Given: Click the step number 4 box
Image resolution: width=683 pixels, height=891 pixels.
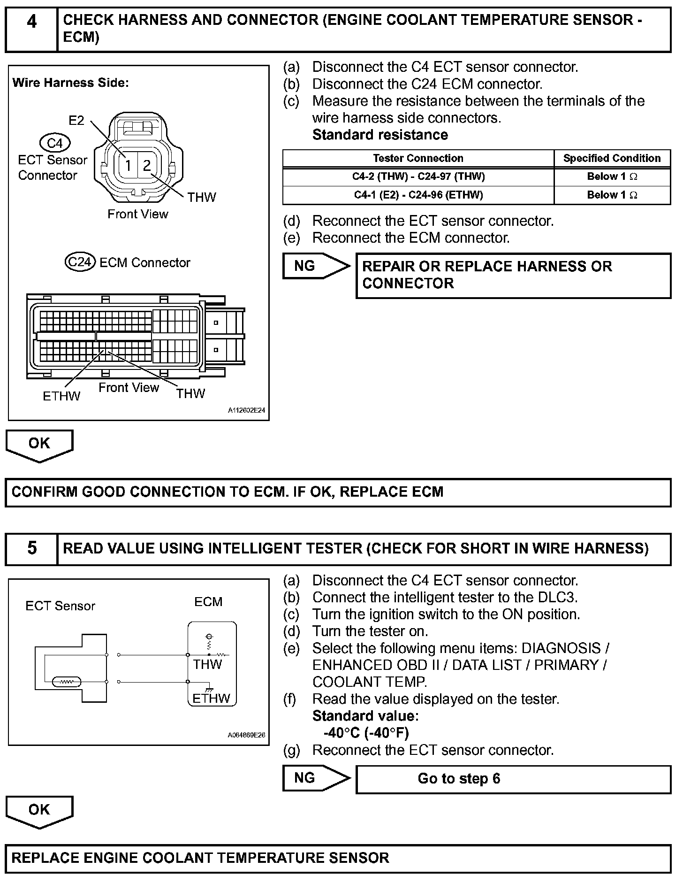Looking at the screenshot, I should point(31,29).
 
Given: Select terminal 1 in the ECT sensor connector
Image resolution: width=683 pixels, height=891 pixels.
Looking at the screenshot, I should point(128,165).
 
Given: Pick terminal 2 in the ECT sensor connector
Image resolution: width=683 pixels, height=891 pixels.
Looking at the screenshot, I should point(147,165).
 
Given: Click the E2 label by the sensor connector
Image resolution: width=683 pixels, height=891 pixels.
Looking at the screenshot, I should point(76,121).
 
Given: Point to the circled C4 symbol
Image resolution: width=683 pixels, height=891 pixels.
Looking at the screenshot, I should point(55,143).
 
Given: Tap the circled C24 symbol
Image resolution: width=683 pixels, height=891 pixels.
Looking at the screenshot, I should point(80,262).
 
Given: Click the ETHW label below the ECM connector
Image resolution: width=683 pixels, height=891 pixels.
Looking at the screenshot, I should point(61,396).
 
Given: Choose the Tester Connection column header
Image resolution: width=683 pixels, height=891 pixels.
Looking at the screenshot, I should point(418,158).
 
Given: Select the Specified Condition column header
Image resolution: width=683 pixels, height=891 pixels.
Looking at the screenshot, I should point(612,158).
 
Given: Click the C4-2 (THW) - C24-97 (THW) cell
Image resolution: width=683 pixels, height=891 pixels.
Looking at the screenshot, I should point(418,177).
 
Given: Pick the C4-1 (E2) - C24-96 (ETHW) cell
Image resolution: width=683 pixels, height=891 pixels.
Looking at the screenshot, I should point(418,195).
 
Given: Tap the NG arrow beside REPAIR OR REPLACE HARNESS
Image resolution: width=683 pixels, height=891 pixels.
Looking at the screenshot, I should point(316,266).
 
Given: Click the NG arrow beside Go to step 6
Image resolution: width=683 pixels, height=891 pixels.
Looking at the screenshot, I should point(316,778).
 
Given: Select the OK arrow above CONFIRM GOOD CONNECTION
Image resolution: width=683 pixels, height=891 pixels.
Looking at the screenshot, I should point(39,445).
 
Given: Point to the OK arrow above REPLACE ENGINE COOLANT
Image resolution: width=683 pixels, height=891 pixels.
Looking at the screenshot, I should point(39,811).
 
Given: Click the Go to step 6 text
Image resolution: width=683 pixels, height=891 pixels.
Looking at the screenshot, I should point(459,778).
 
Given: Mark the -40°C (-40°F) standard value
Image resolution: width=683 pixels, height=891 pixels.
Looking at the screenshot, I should point(366,733).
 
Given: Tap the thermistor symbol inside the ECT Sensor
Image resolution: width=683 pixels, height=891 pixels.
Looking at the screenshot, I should point(67,681).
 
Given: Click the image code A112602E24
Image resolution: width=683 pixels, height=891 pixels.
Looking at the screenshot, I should point(246,410).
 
